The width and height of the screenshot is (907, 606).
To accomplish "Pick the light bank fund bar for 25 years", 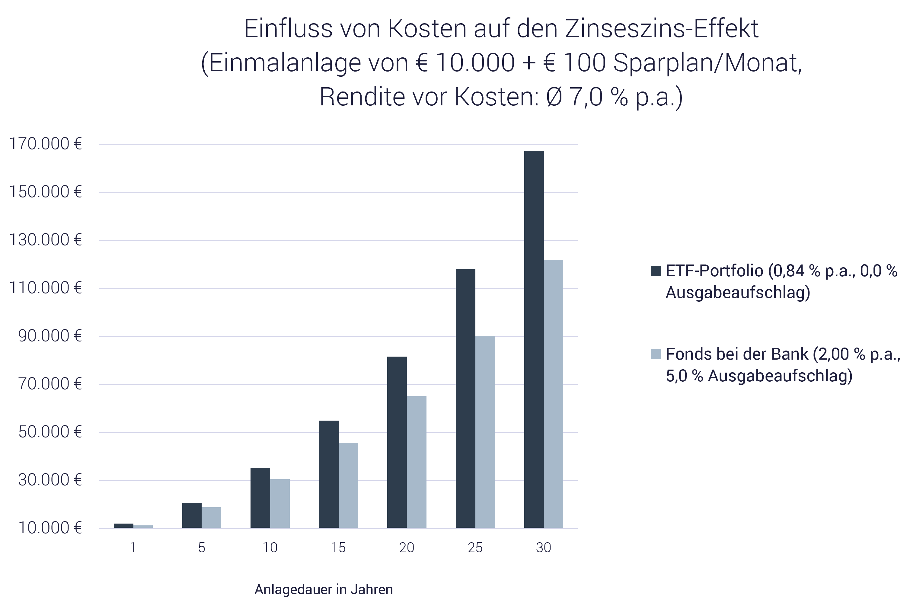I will pos(485,432).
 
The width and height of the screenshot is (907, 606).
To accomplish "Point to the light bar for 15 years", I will pos(348,485).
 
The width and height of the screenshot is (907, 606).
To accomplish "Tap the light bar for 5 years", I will pos(211,518).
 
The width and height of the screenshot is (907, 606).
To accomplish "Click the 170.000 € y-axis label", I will pos(46,144).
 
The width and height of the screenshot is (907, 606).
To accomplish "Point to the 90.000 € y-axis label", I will pos(50,336).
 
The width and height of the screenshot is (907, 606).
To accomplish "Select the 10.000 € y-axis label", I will pos(50,528).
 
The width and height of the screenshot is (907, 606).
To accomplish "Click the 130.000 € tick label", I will pos(46,240).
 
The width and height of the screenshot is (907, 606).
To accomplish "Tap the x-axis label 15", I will pos(338,548).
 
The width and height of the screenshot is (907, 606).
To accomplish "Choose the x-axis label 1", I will pos(133,548).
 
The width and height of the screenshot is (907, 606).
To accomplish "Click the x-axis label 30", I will pos(544,548).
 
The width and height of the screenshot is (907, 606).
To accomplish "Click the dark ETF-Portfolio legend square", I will pos(656,271).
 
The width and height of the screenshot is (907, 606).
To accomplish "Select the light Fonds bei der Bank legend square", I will pos(656,354).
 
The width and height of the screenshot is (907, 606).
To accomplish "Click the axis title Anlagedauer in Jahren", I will pos(324,590).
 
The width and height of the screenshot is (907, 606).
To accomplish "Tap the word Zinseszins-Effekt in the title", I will pos(662,29).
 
